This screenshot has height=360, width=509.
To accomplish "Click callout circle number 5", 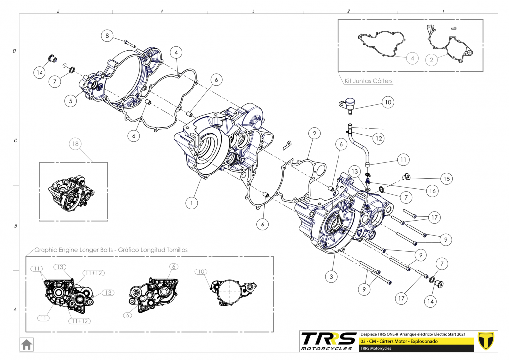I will pyautogui.click(x=71, y=100).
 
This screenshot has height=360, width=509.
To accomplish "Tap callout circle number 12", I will pyautogui.click(x=379, y=139).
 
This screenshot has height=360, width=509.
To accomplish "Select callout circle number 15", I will pyautogui.click(x=446, y=178).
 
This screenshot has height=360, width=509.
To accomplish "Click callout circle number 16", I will pyautogui.click(x=432, y=190).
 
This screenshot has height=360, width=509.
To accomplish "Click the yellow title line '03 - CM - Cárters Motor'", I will pyautogui.click(x=400, y=341).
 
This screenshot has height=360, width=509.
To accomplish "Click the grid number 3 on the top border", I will pyautogui.click(x=253, y=11).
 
